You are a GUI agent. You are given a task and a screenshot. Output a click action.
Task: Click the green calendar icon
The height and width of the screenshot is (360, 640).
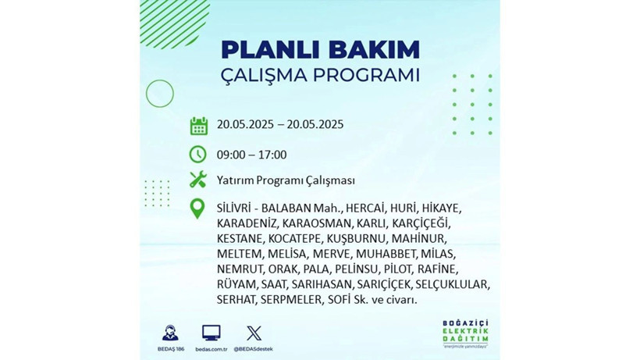point(198,126)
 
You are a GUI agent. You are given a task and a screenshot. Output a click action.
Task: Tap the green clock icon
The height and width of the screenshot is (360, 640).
point(198,154)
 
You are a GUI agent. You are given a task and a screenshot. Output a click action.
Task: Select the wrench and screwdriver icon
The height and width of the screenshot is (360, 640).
point(198,180)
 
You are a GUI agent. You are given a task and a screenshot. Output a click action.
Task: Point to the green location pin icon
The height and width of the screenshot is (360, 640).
point(198,209)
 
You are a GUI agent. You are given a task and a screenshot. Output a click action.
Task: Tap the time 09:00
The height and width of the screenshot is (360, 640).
point(232,155)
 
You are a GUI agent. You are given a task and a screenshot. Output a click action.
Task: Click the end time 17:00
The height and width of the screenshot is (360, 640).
point(272,155)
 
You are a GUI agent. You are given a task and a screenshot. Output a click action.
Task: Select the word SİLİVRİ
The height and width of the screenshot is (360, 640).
point(233,209)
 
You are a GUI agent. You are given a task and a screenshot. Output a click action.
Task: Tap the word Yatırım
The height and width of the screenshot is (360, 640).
point(236,180)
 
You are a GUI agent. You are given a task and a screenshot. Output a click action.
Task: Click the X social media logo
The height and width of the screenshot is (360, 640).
point(254,333)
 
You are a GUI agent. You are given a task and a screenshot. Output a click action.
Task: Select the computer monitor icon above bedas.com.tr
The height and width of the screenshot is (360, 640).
point(211,333)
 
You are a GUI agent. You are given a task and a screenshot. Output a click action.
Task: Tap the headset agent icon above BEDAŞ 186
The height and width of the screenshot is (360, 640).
point(169,333)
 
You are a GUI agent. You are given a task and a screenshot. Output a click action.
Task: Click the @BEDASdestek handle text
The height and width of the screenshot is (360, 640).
point(254,348)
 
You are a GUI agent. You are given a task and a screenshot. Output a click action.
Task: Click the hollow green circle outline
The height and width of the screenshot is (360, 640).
point(159,94)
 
